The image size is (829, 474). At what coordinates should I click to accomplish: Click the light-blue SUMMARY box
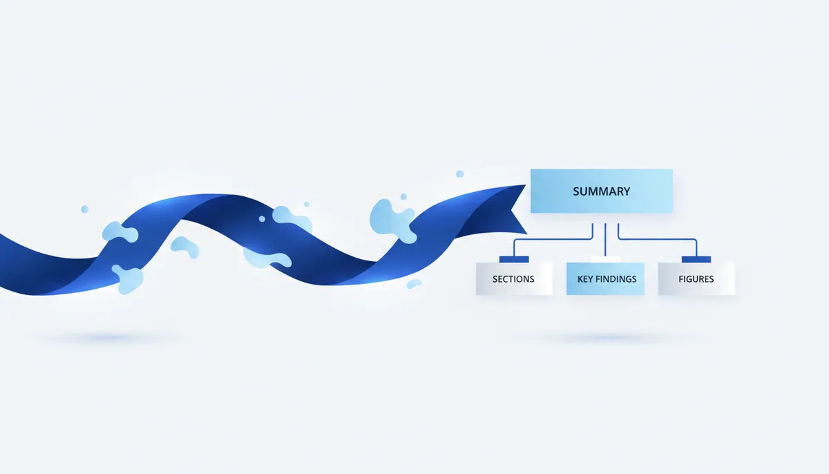pos(602,191)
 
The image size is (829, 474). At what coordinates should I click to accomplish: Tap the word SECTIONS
pos(513,279)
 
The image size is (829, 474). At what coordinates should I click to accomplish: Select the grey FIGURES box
pos(696,278)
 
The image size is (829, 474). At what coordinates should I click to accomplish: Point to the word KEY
pos(586,279)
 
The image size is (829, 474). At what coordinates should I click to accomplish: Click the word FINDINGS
pos(616,279)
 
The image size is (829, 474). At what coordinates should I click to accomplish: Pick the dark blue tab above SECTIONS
pos(514,259)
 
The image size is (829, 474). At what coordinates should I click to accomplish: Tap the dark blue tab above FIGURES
pos(696,259)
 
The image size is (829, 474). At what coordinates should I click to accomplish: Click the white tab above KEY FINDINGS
pos(605,259)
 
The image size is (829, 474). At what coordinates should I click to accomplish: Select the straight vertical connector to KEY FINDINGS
pos(605,239)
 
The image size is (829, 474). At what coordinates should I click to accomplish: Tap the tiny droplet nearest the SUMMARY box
pos(460,173)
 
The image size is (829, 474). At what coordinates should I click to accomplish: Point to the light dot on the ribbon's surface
pos(262,219)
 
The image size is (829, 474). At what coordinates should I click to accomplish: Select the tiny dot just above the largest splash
pos(403,196)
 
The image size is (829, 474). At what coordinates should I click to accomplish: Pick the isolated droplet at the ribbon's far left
pos(85,209)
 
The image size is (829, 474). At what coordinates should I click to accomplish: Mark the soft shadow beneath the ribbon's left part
pos(111,337)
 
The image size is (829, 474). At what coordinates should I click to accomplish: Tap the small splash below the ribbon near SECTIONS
pos(414,284)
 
